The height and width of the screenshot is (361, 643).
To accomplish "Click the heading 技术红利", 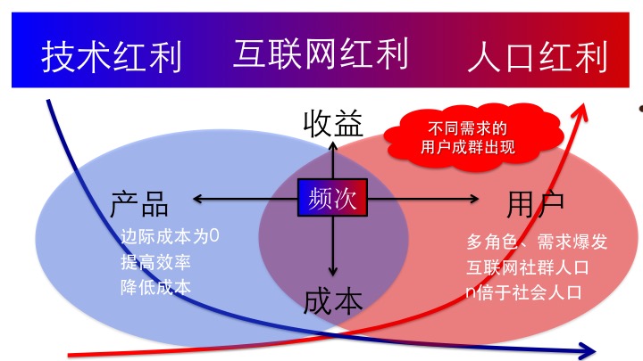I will point(112,55).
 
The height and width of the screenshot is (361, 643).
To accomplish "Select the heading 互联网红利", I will point(321,53).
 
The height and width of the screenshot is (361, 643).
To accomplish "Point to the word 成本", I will point(332,300).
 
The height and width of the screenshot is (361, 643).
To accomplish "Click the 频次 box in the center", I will point(333,198).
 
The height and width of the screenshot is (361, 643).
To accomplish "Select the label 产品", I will point(140,203).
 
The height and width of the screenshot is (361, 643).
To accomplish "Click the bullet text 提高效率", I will point(156,263).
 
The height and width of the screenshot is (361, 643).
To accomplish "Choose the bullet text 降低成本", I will point(156,288).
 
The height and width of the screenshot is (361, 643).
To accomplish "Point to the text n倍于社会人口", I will point(523,291).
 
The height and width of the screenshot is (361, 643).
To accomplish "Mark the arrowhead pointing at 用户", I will point(475,199).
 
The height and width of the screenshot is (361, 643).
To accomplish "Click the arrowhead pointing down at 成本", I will point(333,272).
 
